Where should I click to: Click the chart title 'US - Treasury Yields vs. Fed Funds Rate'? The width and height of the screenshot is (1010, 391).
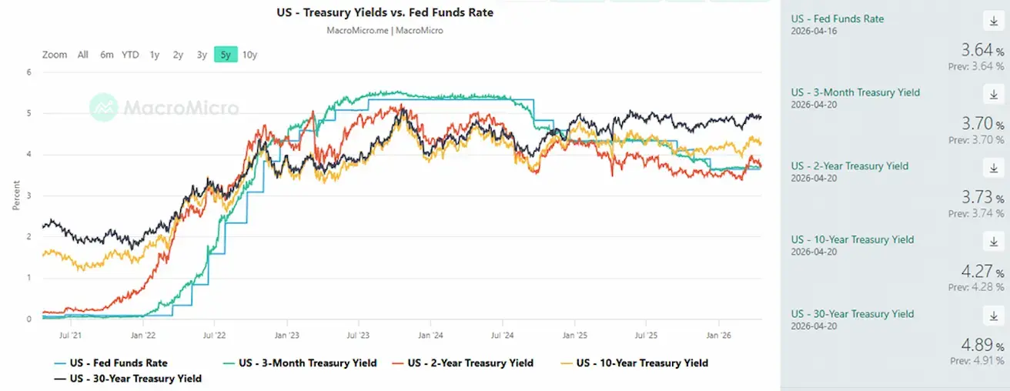(x=385, y=12)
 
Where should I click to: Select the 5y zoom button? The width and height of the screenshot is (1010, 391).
(x=226, y=55)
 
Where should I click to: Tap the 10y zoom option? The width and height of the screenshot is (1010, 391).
(x=249, y=55)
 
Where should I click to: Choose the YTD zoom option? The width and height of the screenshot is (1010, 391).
(x=130, y=55)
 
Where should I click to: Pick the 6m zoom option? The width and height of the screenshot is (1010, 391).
(x=106, y=55)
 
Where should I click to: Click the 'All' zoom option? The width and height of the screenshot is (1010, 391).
(x=83, y=55)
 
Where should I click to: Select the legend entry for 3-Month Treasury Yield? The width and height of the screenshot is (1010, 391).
(x=307, y=363)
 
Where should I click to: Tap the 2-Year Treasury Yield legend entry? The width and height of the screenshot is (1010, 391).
(x=470, y=363)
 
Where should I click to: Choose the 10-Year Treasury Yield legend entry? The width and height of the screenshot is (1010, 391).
(x=642, y=363)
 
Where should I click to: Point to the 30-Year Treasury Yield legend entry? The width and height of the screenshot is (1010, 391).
(x=135, y=379)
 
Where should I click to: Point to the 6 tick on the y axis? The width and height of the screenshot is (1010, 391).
(x=28, y=72)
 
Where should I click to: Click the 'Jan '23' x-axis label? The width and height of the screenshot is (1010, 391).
(x=287, y=336)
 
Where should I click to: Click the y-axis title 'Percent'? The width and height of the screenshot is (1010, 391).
(x=16, y=195)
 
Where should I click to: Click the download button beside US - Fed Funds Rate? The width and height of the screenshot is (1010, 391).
(x=993, y=20)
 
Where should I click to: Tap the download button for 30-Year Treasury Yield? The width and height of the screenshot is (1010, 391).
(x=993, y=316)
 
